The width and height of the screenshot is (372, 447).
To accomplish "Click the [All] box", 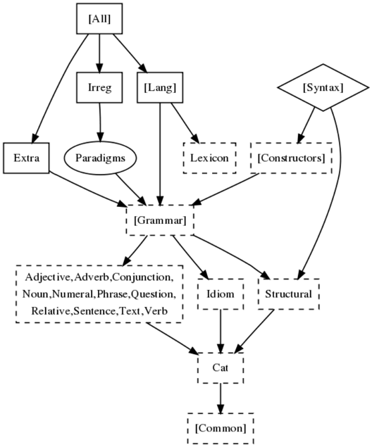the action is coord(99,18).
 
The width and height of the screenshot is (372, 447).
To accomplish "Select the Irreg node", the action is coord(99,87).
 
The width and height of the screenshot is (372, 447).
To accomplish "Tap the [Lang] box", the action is coord(160,87).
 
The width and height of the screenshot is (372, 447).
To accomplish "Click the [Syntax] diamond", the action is coord(323,87).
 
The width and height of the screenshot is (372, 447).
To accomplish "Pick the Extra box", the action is coord(26,158).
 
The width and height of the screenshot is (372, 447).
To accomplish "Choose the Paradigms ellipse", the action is coord(101,158).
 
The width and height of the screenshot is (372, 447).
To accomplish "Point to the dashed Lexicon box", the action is coord(209,158).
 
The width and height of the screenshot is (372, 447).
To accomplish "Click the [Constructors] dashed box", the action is coord(291,158).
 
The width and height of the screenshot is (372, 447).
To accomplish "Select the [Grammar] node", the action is coord(160,220).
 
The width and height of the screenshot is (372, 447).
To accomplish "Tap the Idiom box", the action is coord(221,294).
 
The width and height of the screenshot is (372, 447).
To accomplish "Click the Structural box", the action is coord(288,294).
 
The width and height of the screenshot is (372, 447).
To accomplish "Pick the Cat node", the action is coord(221,367).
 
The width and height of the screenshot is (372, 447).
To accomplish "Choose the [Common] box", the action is coord(221,428).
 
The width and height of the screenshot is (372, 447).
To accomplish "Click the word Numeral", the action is coord(73,294).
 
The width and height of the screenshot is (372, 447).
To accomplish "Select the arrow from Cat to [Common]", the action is coord(221,398).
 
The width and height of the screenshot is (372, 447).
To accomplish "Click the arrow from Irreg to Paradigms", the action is coord(100,122).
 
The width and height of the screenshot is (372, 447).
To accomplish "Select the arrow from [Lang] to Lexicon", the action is coord(185,122).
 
